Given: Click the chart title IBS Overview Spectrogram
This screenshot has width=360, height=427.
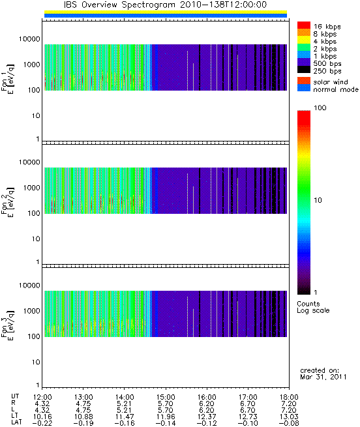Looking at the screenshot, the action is point(119,5).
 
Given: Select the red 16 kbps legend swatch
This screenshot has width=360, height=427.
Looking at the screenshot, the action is point(304,25).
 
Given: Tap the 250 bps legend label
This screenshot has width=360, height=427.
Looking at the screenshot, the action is point(327,71).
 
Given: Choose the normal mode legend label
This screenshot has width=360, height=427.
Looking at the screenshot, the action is point(336,89).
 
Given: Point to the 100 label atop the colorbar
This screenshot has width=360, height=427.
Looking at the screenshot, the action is point(320,108).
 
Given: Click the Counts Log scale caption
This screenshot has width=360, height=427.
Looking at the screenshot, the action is point(313,307).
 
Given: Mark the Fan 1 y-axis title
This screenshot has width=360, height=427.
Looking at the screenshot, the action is point(8,79).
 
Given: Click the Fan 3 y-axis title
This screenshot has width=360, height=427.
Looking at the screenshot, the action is point(8,325).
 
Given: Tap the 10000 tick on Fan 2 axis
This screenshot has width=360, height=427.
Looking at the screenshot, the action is point(29,162).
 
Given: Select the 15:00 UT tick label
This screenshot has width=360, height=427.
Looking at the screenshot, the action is point(166,397).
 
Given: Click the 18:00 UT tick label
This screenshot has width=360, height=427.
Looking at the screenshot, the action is point(289,397).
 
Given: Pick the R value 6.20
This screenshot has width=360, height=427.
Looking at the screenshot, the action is point(207,404).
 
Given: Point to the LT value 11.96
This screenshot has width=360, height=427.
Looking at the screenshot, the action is point(166,417).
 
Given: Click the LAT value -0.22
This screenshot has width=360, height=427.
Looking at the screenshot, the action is point(42,423).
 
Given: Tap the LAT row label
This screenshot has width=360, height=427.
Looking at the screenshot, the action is point(16,423).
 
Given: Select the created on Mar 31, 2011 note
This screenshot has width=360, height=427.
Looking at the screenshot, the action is point(323,374).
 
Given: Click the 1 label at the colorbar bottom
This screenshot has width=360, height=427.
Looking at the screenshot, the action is point(315,293).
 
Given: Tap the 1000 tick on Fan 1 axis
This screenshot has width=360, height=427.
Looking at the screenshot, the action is point(31,65).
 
